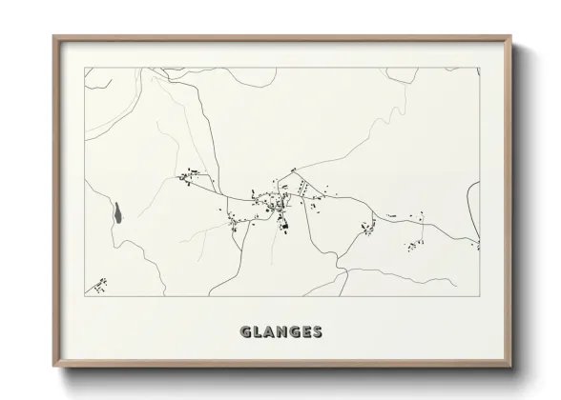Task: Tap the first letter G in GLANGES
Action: click(246, 332)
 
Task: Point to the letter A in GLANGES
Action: click(271, 332)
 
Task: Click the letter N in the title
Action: click(283, 332)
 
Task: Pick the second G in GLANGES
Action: click(296, 332)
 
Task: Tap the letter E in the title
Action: click(307, 332)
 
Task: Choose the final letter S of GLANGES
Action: click(318, 332)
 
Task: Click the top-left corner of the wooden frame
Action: click(52, 36)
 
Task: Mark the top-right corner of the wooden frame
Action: click(511, 36)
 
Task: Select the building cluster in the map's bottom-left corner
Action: click(99, 284)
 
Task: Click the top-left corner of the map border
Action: click(85, 68)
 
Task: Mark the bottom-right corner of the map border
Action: click(479, 298)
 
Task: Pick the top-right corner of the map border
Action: click(479, 68)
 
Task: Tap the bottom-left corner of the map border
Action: click(85, 298)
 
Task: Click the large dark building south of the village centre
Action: click(282, 226)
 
